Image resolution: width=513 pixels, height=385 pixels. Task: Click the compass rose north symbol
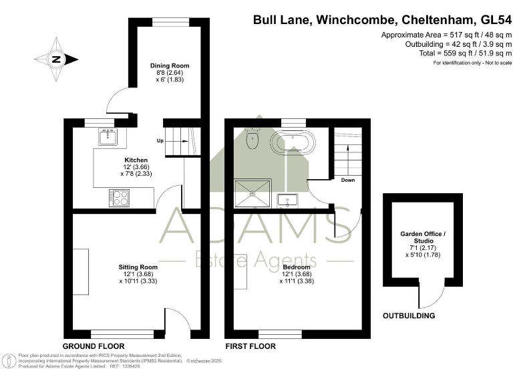[56, 59]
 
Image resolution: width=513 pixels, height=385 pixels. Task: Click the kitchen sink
[108, 136]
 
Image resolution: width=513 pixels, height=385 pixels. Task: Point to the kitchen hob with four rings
[120, 198]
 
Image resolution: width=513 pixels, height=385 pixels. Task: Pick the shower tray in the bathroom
[254, 193]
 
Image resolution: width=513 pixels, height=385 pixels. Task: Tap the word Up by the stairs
[160, 142]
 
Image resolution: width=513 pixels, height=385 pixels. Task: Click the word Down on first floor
[348, 180]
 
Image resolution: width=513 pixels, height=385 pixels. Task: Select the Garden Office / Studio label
[422, 237]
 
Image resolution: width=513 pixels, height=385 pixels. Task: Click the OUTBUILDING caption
[408, 315]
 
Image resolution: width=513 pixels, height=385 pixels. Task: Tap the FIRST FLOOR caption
[250, 346]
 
